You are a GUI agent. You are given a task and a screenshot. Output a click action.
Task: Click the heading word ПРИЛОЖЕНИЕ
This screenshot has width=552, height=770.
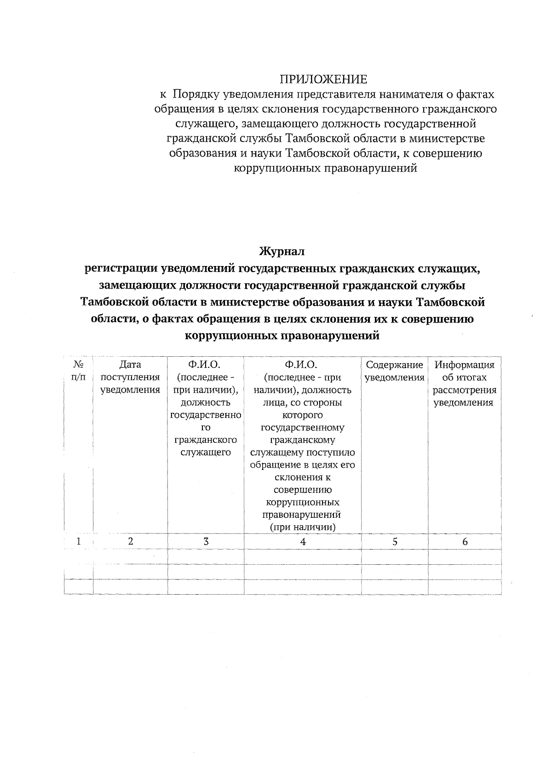click(324, 80)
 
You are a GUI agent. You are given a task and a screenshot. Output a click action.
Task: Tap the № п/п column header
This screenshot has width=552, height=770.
click(79, 371)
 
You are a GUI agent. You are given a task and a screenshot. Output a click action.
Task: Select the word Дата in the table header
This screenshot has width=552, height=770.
click(130, 365)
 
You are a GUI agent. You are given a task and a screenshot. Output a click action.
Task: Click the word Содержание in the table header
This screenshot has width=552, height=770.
click(394, 365)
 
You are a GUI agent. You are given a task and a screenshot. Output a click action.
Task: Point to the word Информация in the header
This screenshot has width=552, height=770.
click(465, 365)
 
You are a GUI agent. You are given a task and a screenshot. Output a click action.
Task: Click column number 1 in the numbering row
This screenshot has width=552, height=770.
click(79, 542)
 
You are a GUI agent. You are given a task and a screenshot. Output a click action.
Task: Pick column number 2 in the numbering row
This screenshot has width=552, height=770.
click(131, 542)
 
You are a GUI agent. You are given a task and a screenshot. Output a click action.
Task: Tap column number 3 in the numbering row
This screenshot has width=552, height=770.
click(206, 542)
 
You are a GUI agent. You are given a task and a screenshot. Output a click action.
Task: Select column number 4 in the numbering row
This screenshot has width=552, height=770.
click(303, 542)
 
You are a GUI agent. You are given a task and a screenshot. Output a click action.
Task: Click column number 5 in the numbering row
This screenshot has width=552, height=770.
click(395, 542)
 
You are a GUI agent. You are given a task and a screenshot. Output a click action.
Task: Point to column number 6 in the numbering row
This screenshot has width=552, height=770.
click(465, 542)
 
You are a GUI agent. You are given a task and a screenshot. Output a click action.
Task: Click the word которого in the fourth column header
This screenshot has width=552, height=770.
click(302, 415)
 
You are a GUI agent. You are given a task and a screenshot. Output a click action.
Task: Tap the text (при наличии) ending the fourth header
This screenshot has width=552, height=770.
click(303, 527)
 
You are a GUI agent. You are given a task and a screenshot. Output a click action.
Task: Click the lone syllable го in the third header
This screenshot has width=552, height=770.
click(206, 428)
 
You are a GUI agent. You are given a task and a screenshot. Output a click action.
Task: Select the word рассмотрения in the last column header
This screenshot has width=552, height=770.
click(465, 390)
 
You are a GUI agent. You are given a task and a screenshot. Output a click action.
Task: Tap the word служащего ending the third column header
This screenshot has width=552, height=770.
click(206, 452)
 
